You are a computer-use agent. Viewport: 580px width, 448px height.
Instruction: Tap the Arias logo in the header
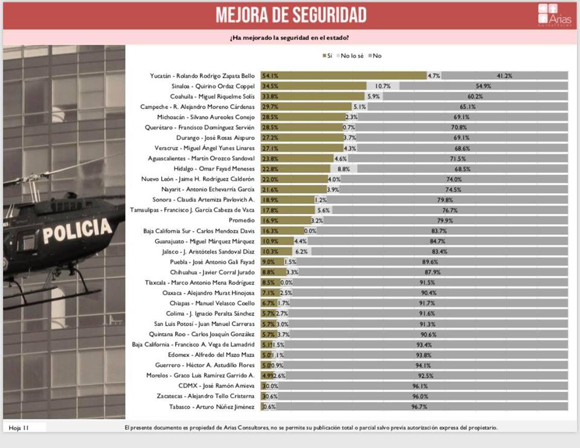(550, 15)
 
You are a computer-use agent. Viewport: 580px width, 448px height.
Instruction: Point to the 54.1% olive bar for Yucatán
(343, 76)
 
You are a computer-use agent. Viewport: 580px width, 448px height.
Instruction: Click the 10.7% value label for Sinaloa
(383, 86)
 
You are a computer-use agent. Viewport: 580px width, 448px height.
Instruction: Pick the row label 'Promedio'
(242, 221)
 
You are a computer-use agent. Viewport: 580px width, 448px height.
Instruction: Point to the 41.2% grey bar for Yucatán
(504, 76)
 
